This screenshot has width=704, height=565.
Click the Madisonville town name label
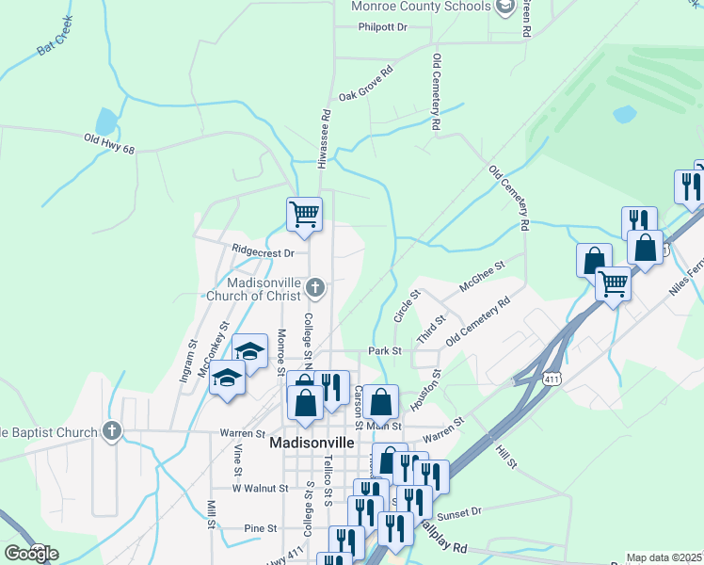[312, 443]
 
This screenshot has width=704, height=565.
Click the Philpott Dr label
[382, 27]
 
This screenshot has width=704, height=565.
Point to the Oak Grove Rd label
[365, 82]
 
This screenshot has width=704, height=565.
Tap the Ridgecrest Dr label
[263, 251]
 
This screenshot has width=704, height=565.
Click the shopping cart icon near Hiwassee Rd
[304, 214]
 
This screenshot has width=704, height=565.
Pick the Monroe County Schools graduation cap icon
[504, 7]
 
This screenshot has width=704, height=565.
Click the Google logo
[32, 554]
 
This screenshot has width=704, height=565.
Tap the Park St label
[385, 350]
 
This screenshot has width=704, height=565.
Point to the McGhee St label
[483, 275]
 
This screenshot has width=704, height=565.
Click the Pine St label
[260, 528]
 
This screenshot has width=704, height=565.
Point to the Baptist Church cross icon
[112, 432]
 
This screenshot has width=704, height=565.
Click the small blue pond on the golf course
[623, 114]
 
